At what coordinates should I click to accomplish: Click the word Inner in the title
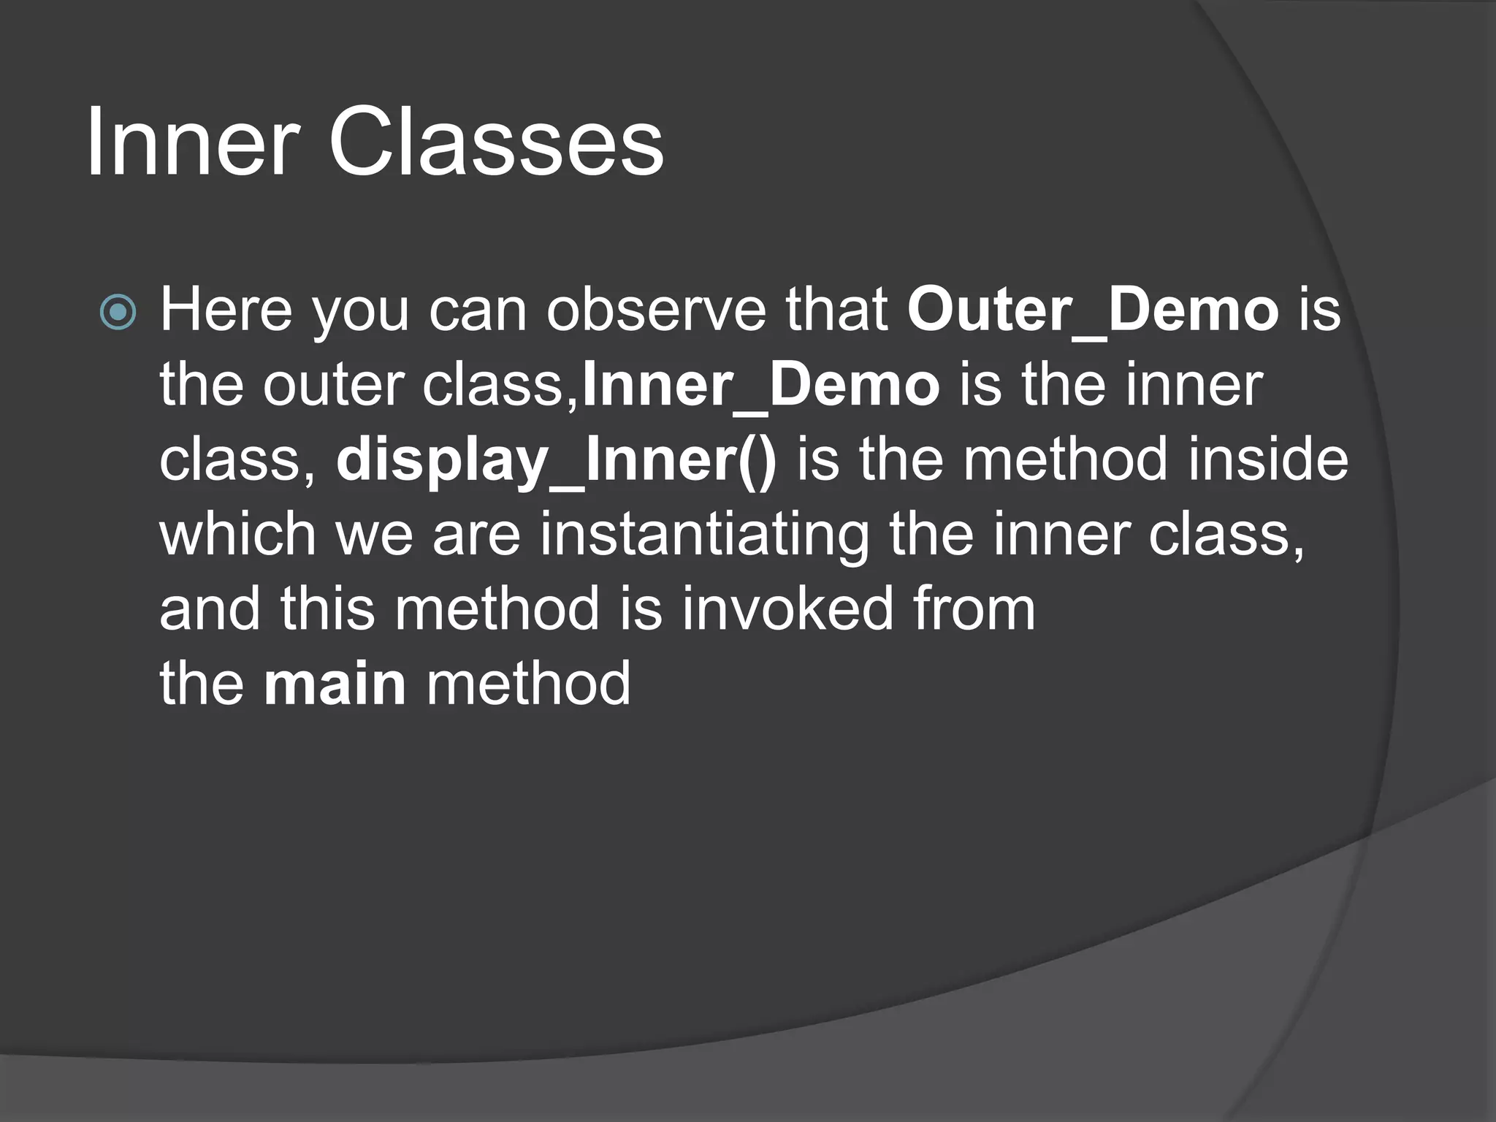point(192,142)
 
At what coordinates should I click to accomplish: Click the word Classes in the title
point(496,142)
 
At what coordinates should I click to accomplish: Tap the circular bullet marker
point(118,313)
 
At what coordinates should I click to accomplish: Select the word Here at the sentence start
point(226,310)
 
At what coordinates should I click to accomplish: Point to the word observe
point(657,310)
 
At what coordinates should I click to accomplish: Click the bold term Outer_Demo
point(1093,310)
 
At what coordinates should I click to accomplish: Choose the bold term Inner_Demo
point(761,386)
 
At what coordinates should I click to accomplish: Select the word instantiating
point(705,535)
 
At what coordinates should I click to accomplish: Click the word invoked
point(787,609)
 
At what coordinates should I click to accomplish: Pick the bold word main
point(335,684)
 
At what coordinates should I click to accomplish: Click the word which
point(237,535)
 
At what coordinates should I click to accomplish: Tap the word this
point(327,609)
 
